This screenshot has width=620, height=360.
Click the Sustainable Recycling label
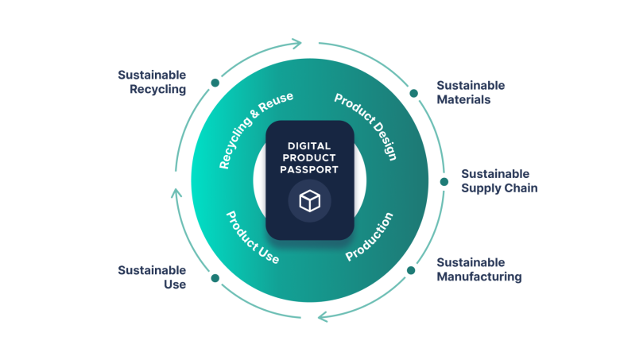(x=152, y=82)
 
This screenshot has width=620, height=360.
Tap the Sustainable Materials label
(x=471, y=92)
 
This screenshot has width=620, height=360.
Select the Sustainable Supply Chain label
(x=499, y=181)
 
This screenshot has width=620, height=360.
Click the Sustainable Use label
(x=152, y=277)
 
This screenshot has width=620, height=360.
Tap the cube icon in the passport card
(x=309, y=201)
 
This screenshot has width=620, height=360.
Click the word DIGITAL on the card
(x=309, y=145)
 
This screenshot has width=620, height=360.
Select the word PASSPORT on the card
(x=309, y=169)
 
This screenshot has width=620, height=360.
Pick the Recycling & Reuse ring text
(x=256, y=130)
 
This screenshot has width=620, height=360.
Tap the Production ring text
(x=370, y=237)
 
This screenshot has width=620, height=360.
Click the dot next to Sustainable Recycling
(x=215, y=82)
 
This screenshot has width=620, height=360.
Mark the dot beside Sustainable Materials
(x=413, y=93)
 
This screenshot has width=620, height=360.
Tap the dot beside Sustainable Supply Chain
(x=444, y=181)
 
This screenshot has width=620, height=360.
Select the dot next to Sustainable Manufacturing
(x=411, y=270)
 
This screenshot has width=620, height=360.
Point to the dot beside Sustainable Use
(x=215, y=278)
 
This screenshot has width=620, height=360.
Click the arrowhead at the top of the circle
(x=297, y=42)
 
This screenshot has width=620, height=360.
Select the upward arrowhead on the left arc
(x=176, y=192)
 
